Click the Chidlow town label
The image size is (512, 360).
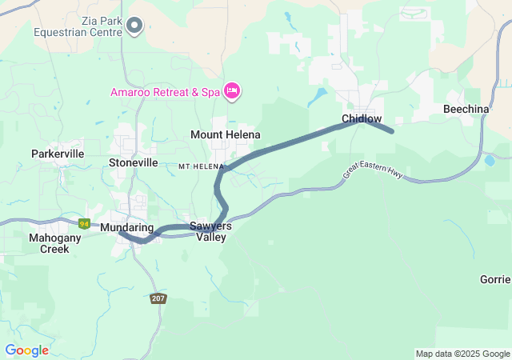[x=362, y=118]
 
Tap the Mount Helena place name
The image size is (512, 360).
[x=226, y=134]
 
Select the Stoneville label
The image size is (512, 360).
[x=133, y=162]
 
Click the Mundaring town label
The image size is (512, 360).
[x=126, y=228]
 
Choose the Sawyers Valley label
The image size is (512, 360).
[x=211, y=231]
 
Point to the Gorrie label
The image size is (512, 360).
[x=495, y=279]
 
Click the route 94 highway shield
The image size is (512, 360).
[x=84, y=223]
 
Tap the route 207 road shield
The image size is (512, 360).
[x=158, y=298]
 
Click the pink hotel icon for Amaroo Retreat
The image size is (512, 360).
[x=232, y=92]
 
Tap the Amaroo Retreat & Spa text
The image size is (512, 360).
[x=165, y=92]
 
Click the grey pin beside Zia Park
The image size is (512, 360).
[x=134, y=26]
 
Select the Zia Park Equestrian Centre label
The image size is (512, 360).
[x=78, y=26]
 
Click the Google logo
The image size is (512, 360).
[x=26, y=350]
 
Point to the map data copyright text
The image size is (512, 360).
[x=462, y=354]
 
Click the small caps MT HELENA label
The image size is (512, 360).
[x=199, y=166]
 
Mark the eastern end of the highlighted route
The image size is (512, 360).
[x=391, y=130]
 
